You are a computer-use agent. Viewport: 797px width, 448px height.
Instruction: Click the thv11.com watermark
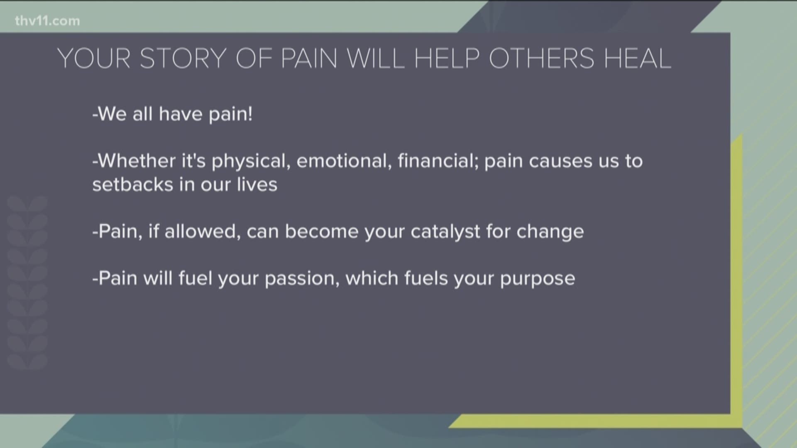tap(47, 21)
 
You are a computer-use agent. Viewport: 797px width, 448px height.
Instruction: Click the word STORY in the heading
tap(183, 58)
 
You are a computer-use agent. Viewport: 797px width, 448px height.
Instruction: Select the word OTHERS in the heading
tap(542, 58)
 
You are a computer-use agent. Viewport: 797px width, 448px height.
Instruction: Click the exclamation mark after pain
tap(249, 114)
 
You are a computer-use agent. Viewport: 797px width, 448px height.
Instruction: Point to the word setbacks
tap(132, 184)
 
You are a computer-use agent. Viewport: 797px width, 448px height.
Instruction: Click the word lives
tap(257, 184)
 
